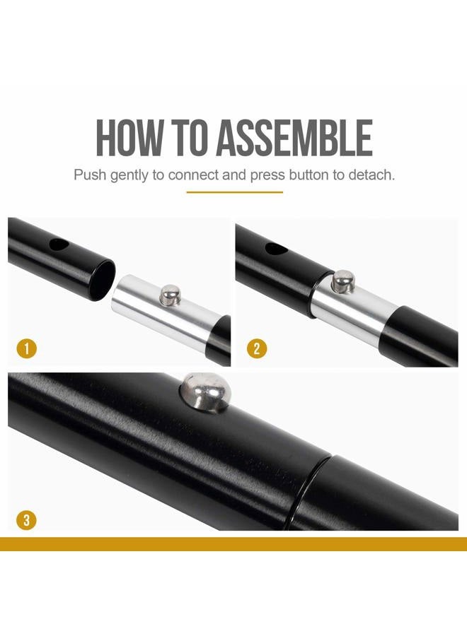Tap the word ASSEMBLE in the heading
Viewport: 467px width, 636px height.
pyautogui.click(x=294, y=138)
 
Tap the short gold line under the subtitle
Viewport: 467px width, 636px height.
pyautogui.click(x=235, y=192)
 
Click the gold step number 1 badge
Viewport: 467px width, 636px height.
pyautogui.click(x=27, y=348)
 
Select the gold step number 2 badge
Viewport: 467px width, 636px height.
pyautogui.click(x=257, y=348)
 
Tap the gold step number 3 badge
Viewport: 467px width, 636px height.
pyautogui.click(x=27, y=519)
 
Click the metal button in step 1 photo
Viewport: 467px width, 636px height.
pyautogui.click(x=170, y=295)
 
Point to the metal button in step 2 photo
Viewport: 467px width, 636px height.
pyautogui.click(x=343, y=281)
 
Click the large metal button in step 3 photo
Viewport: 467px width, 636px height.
pyautogui.click(x=205, y=392)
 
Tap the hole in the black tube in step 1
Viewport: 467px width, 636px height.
pyautogui.click(x=59, y=245)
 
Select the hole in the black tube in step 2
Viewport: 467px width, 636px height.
pyautogui.click(x=276, y=249)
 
